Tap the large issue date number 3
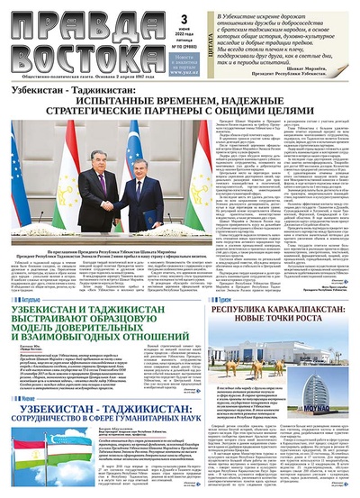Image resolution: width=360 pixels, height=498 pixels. click(x=183, y=17)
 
